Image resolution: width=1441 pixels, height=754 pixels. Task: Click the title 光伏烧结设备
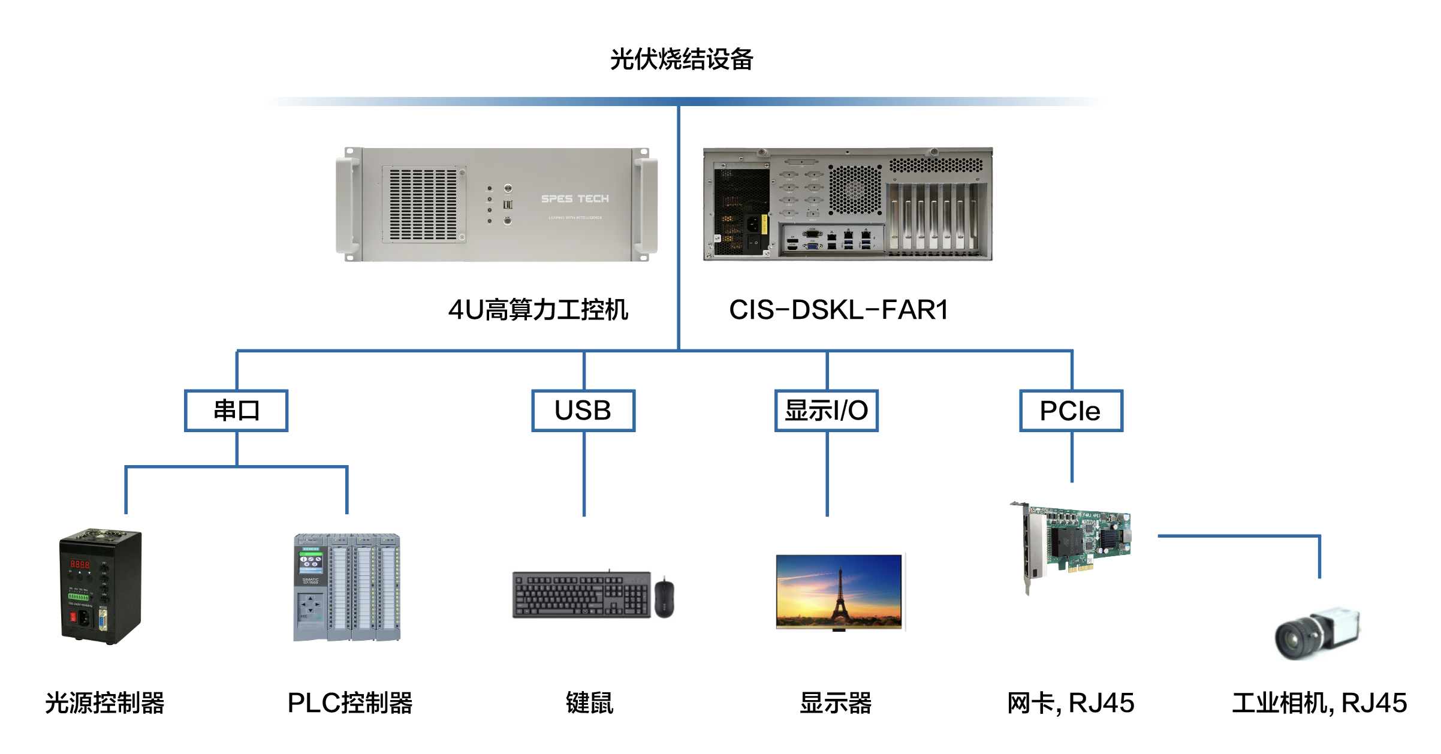point(682,59)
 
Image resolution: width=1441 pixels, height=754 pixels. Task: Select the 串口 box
point(236,411)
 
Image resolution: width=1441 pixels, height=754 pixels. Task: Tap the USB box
point(583,411)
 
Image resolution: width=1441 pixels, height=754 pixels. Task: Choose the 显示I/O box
point(827,411)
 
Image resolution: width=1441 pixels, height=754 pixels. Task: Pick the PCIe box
point(1071,411)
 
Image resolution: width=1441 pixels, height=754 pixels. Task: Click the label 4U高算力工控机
point(538,310)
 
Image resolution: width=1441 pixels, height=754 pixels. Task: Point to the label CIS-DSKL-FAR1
point(838,310)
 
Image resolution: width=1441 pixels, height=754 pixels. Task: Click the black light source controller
point(101,587)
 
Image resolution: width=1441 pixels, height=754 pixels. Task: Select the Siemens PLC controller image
point(346,587)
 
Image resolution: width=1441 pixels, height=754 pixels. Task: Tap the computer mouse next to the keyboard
point(664,598)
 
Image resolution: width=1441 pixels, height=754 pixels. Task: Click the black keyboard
point(581,595)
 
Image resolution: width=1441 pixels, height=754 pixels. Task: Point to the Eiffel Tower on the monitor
point(840,596)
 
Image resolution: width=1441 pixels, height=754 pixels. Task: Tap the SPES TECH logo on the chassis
point(575,199)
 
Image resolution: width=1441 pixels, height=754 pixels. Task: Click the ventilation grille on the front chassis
point(424,204)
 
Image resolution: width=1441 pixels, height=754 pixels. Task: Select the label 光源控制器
point(105,703)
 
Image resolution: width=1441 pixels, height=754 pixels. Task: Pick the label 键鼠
point(590,703)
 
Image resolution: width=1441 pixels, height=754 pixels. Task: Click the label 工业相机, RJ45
point(1319,703)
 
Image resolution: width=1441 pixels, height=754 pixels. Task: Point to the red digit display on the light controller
point(80,564)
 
